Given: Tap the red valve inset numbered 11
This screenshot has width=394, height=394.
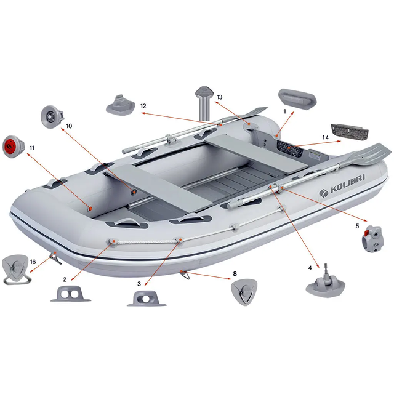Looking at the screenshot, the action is [14, 147].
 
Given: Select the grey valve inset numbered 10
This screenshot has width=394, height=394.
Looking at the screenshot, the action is [52, 116].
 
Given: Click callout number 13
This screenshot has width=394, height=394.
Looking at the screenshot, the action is [220, 97].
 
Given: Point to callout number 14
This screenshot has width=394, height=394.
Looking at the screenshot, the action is [326, 137].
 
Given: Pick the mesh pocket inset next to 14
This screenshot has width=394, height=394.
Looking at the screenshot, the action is [350, 132].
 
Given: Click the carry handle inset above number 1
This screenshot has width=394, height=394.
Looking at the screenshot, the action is [297, 97].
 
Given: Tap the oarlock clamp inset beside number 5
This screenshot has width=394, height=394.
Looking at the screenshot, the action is [372, 239].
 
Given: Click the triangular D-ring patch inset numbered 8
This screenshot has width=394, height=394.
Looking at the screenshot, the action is [244, 292].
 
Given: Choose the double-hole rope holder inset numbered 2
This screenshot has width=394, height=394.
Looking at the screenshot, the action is [71, 294].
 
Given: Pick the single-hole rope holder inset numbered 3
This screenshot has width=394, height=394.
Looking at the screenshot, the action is [147, 299].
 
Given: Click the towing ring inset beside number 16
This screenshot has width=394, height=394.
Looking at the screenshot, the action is [16, 270].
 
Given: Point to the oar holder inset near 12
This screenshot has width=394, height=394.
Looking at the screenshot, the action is [121, 105].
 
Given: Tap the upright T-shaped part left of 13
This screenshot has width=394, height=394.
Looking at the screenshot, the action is [204, 103].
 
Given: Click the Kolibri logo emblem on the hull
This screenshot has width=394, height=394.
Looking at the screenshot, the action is [324, 193].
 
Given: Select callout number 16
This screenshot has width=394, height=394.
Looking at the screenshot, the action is [33, 262].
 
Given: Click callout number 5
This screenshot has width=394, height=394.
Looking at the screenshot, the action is [357, 226].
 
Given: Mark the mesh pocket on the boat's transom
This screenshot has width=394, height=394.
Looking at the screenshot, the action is [289, 148].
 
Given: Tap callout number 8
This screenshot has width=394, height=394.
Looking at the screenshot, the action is [235, 273].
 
